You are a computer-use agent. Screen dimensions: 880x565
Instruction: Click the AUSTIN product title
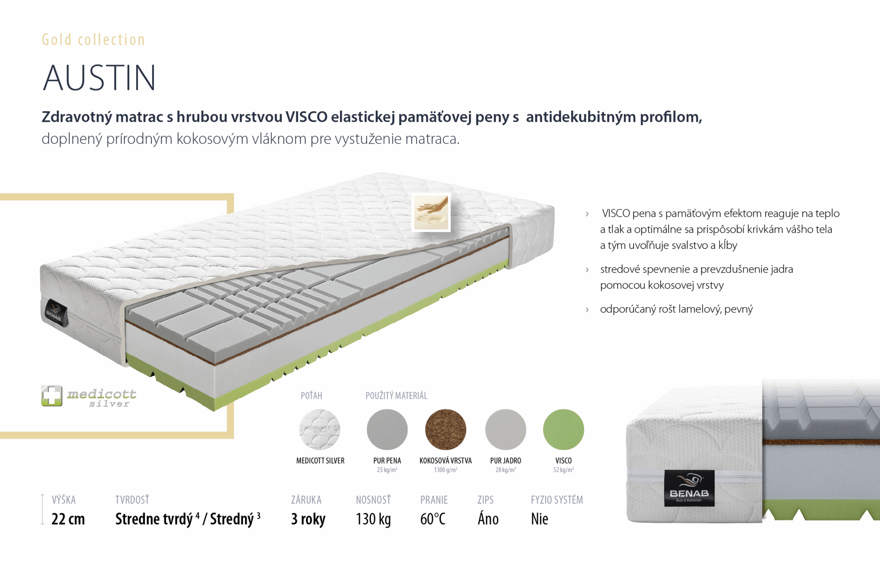click(x=99, y=78)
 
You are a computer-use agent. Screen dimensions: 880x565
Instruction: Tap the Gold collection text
click(x=93, y=40)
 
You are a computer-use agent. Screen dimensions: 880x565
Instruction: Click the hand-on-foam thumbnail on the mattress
click(x=431, y=212)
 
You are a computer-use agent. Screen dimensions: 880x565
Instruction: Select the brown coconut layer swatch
click(x=445, y=429)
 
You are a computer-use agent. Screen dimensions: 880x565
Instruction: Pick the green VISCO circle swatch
click(x=563, y=429)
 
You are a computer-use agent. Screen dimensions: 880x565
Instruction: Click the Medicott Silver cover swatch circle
click(x=320, y=429)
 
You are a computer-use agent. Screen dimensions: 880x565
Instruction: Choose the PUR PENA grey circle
click(x=387, y=429)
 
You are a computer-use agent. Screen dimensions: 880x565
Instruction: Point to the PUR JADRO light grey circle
click(x=506, y=429)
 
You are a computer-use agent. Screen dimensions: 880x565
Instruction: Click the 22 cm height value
click(x=68, y=519)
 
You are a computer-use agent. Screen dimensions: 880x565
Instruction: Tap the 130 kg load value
click(x=373, y=519)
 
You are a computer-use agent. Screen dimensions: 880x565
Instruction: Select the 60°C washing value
click(x=433, y=519)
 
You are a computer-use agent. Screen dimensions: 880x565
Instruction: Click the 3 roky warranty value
click(x=308, y=519)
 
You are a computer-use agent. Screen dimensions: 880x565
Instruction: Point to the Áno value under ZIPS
click(x=488, y=519)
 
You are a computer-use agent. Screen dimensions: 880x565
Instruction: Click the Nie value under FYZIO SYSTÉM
click(x=539, y=519)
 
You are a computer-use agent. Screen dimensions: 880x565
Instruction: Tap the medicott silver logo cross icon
click(x=51, y=395)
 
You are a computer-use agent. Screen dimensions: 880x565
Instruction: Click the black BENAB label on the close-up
click(x=689, y=488)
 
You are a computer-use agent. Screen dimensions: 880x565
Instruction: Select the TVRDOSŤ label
click(x=132, y=499)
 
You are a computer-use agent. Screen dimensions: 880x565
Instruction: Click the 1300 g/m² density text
click(x=445, y=470)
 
